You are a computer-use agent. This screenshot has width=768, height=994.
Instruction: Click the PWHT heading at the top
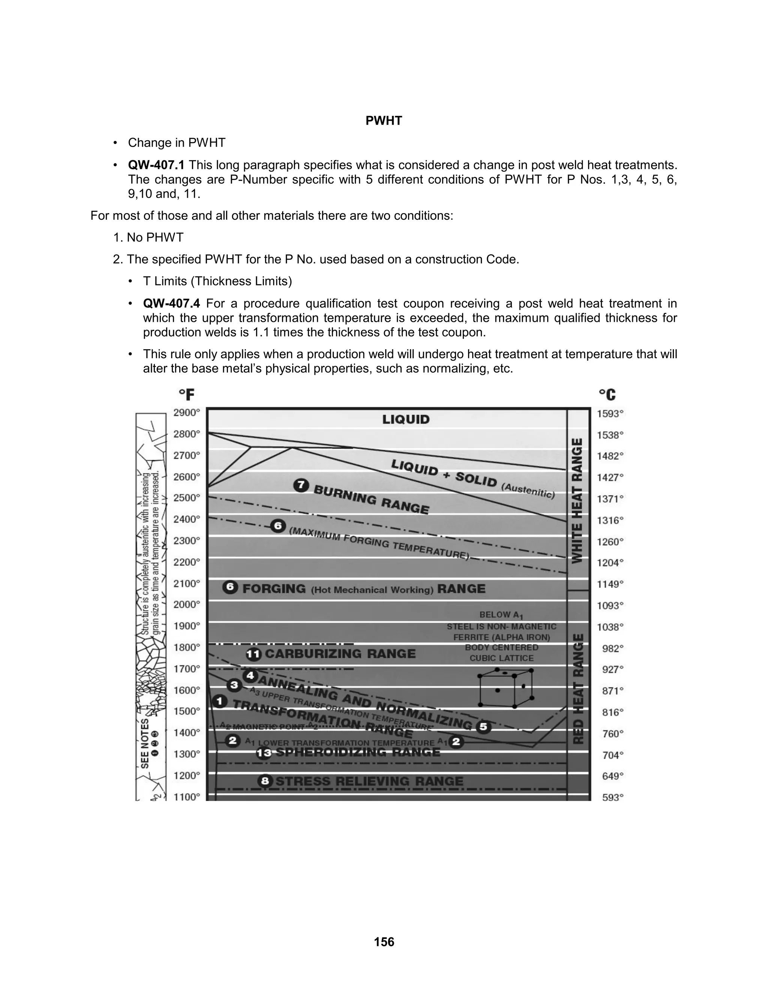tap(384, 121)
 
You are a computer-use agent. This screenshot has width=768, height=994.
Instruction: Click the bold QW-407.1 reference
tap(156, 165)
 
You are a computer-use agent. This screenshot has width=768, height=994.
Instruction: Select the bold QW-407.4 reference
tap(171, 303)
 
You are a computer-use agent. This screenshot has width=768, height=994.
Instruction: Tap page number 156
tap(384, 941)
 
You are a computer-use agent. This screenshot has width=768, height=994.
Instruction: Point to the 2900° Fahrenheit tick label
tap(186, 413)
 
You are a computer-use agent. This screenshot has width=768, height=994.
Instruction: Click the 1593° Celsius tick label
tap(610, 414)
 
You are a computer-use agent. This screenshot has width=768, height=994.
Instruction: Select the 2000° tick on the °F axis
tap(186, 604)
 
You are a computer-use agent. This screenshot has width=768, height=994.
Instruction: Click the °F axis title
tap(186, 394)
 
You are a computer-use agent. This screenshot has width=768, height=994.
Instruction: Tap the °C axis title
tap(607, 394)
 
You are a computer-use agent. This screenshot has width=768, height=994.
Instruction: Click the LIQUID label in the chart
tap(406, 419)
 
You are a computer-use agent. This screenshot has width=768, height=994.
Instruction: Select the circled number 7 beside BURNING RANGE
tap(301, 486)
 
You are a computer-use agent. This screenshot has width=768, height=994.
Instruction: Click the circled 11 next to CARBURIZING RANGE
tap(253, 655)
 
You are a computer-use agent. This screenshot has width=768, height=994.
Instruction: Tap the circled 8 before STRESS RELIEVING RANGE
tap(265, 781)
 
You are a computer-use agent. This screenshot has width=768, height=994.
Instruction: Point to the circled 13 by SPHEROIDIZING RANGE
tap(264, 753)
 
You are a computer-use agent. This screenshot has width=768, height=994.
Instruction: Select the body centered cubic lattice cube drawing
tap(506, 688)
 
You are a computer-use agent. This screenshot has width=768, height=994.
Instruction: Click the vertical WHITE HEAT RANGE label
tap(577, 501)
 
